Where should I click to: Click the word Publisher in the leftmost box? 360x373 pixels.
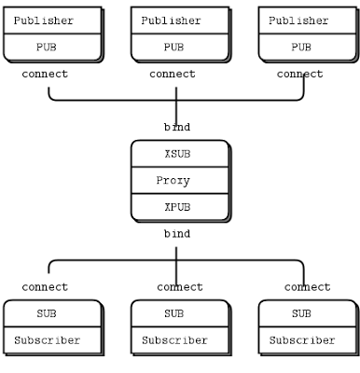pyautogui.click(x=44, y=21)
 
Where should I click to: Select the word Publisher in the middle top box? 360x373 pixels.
pyautogui.click(x=173, y=21)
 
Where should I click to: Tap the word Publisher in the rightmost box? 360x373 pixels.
pyautogui.click(x=298, y=21)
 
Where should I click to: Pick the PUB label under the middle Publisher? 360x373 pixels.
pyautogui.click(x=174, y=47)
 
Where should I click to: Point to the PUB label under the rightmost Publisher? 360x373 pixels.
pyautogui.click(x=301, y=47)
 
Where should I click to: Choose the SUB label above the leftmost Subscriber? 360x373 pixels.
pyautogui.click(x=47, y=314)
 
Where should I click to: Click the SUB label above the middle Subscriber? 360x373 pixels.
pyautogui.click(x=174, y=314)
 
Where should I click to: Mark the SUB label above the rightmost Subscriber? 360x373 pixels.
pyautogui.click(x=301, y=314)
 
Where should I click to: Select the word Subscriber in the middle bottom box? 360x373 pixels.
pyautogui.click(x=174, y=340)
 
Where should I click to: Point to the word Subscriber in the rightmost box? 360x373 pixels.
pyautogui.click(x=301, y=340)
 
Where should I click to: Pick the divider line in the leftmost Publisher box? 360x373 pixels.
pyautogui.click(x=51, y=34)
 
